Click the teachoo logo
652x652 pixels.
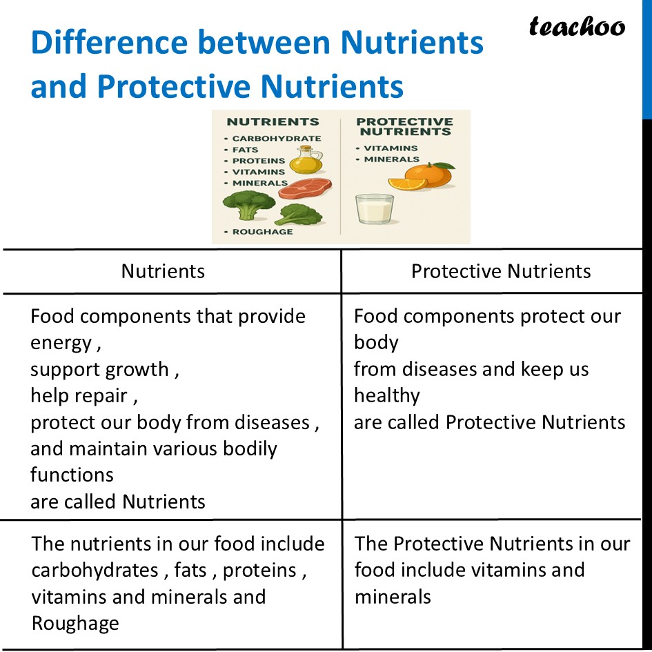click(x=577, y=26)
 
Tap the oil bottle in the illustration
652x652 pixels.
click(x=305, y=161)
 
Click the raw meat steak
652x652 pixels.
click(x=305, y=188)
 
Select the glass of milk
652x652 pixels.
click(x=374, y=209)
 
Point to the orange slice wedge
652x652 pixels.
click(x=407, y=184)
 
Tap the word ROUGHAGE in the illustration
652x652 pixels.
click(x=262, y=232)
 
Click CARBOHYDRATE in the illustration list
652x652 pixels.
click(x=276, y=138)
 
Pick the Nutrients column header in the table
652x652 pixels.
click(x=163, y=271)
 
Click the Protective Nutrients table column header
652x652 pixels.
click(x=501, y=271)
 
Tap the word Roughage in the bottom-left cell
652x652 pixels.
click(x=75, y=623)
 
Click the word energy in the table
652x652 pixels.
click(x=61, y=343)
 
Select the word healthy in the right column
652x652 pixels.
click(x=386, y=395)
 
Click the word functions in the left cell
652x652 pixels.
click(x=72, y=475)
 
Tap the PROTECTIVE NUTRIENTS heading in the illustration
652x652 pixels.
click(x=404, y=126)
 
